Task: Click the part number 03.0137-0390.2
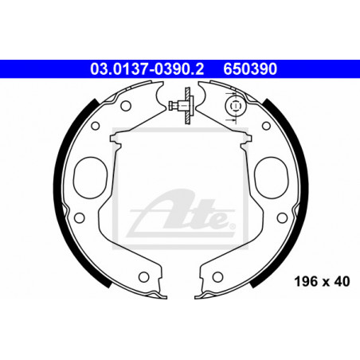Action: (147, 69)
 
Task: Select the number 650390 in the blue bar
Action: (250, 69)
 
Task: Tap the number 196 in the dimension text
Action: (306, 281)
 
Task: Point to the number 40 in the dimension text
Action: (342, 281)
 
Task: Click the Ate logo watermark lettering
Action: (181, 213)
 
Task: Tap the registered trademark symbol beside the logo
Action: (232, 226)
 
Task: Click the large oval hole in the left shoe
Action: (90, 178)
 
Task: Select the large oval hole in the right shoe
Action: (272, 178)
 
